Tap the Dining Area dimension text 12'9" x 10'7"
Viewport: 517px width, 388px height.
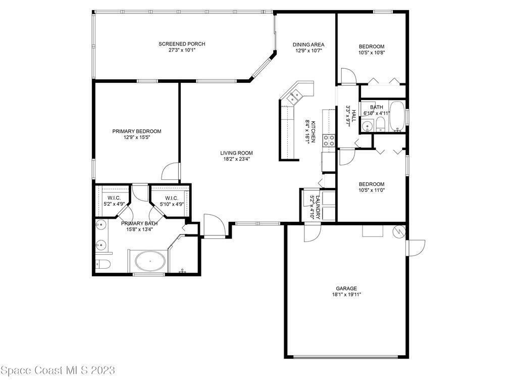click(x=308, y=51)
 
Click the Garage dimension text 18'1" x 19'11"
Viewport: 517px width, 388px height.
click(x=346, y=295)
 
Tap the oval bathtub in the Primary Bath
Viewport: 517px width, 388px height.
click(x=150, y=261)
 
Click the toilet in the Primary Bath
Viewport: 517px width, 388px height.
click(x=103, y=264)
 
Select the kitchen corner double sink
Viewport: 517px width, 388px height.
click(x=294, y=98)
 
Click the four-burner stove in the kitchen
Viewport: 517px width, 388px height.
click(x=329, y=140)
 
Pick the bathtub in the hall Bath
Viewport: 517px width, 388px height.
click(x=397, y=116)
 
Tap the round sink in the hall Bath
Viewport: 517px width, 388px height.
click(x=367, y=126)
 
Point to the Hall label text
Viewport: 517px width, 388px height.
click(x=351, y=116)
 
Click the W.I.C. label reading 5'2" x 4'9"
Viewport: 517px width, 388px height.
click(x=114, y=201)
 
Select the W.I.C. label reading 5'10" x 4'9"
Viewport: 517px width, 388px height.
click(x=172, y=201)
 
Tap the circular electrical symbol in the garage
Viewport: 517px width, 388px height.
click(x=399, y=231)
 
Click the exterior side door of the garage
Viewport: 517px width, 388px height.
click(x=416, y=248)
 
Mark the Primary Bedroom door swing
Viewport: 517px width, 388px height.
click(x=171, y=171)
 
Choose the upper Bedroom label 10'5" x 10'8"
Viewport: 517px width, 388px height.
click(x=372, y=49)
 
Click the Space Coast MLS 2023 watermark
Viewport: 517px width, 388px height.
click(x=58, y=370)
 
